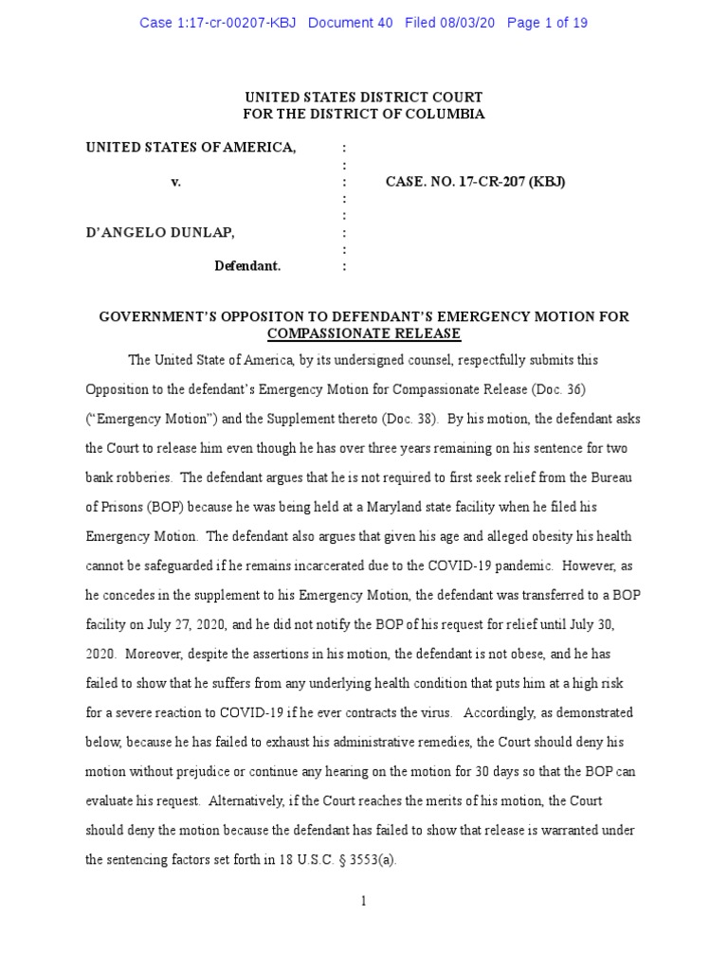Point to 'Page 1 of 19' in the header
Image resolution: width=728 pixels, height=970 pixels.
pyautogui.click(x=547, y=23)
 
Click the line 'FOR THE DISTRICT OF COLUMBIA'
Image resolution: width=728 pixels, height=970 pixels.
pyautogui.click(x=364, y=114)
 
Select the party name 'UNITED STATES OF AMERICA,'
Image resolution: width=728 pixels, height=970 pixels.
pyautogui.click(x=191, y=147)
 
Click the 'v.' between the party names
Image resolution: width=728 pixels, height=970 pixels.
pyautogui.click(x=175, y=181)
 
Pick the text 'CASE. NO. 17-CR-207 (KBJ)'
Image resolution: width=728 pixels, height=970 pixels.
pyautogui.click(x=475, y=181)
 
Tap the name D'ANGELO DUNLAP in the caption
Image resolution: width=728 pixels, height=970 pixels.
pyautogui.click(x=160, y=232)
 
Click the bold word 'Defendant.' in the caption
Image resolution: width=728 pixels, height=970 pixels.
pyautogui.click(x=247, y=266)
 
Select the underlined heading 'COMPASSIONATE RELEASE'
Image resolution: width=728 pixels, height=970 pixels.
pyautogui.click(x=364, y=333)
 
